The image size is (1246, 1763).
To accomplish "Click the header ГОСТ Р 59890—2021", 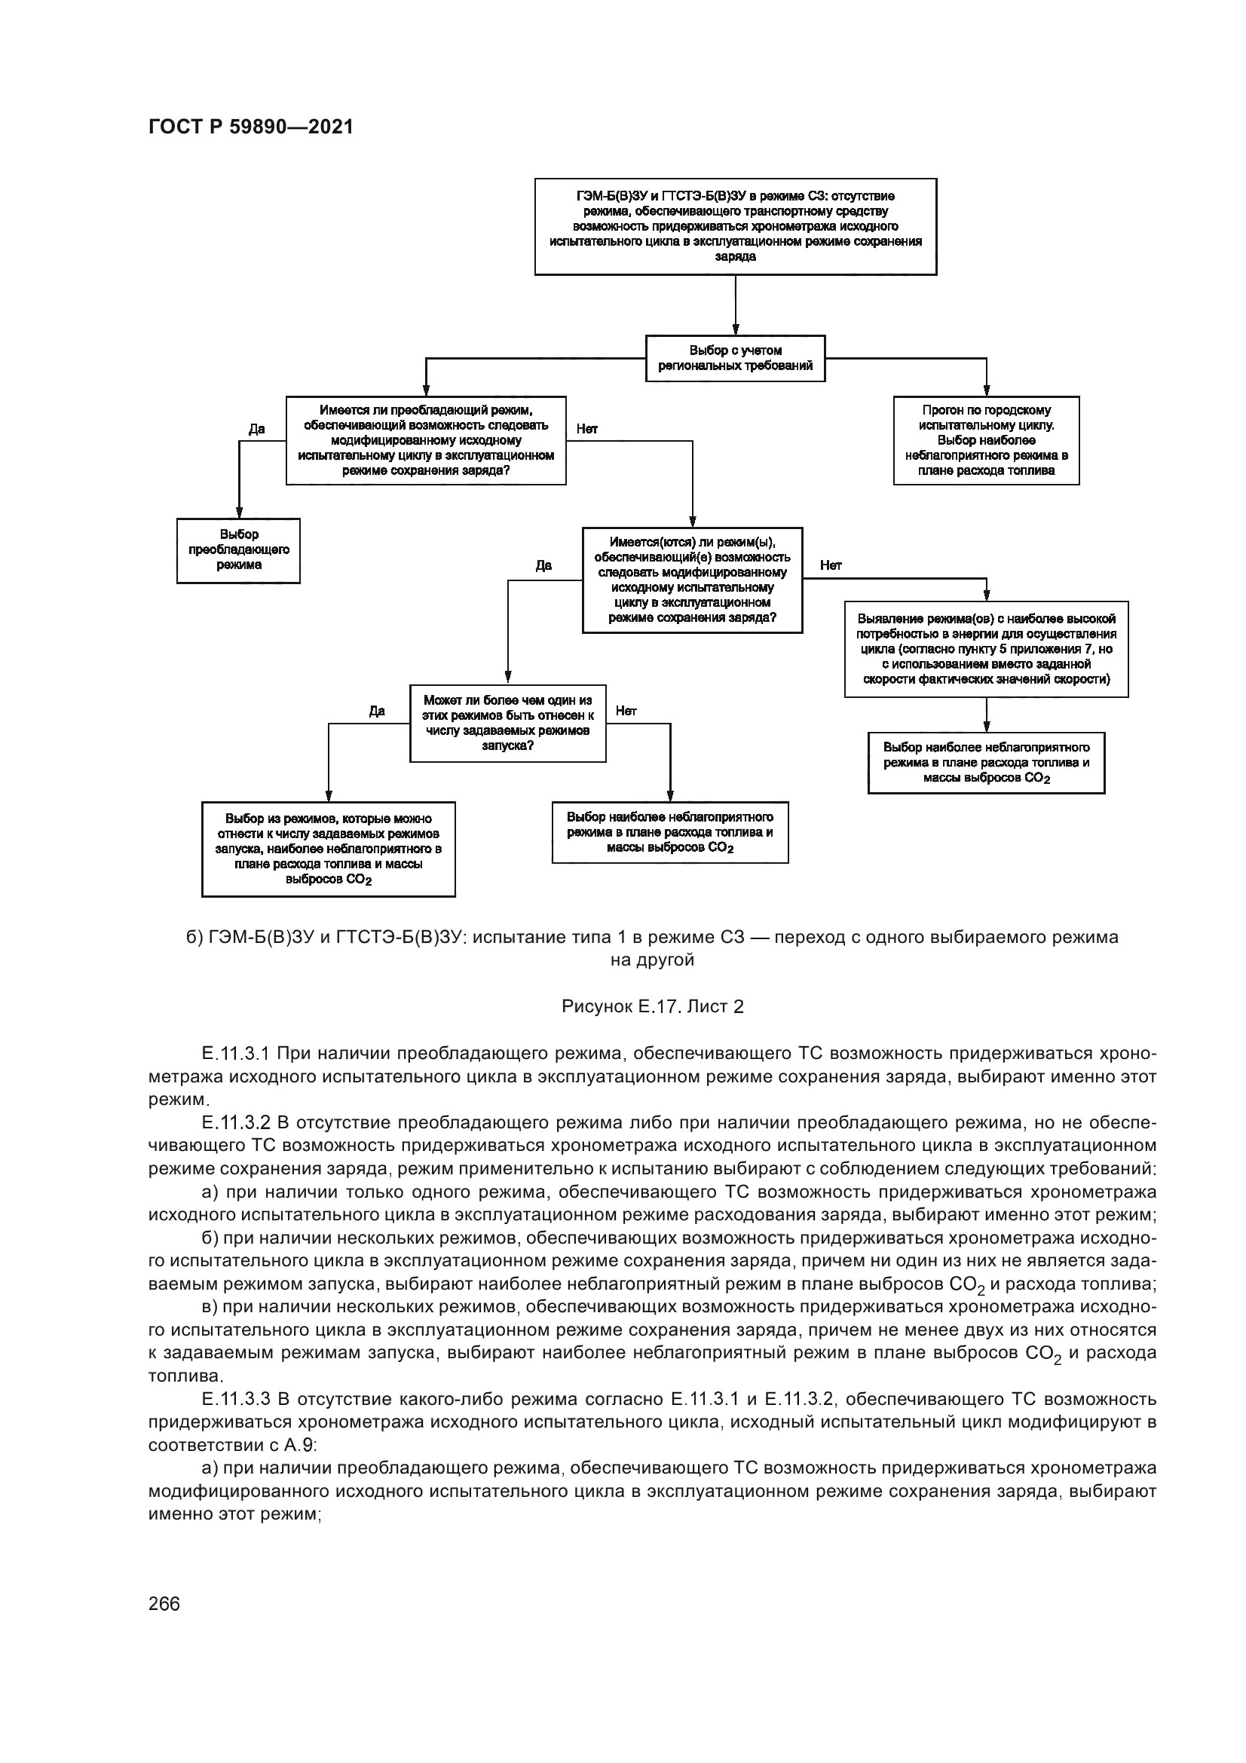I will (x=251, y=127).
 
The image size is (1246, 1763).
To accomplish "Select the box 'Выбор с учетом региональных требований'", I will (x=735, y=358).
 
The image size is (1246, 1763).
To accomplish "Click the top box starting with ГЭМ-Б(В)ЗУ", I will (x=735, y=227).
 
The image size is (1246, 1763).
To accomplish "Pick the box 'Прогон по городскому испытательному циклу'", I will (x=986, y=440).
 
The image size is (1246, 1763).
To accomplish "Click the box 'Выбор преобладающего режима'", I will (x=238, y=549).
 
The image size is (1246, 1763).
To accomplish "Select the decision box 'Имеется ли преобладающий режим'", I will (x=425, y=440).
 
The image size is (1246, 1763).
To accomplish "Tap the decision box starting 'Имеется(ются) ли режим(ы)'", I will (x=692, y=580).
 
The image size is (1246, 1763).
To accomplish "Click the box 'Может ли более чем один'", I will (x=507, y=723).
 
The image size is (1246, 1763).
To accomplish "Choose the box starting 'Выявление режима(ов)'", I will (x=986, y=649).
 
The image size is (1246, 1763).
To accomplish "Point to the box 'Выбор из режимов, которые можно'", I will (x=328, y=849).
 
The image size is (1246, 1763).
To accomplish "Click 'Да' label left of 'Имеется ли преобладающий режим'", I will (x=256, y=428).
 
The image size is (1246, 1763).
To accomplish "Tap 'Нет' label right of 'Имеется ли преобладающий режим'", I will (x=586, y=428).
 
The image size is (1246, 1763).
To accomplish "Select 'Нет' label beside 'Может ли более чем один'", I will (x=626, y=711).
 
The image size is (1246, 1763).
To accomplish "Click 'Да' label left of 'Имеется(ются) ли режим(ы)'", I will (x=543, y=566).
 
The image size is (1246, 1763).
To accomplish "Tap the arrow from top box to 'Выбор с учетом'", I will (x=736, y=305).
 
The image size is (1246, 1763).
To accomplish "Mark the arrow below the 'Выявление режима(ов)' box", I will (x=987, y=715).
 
